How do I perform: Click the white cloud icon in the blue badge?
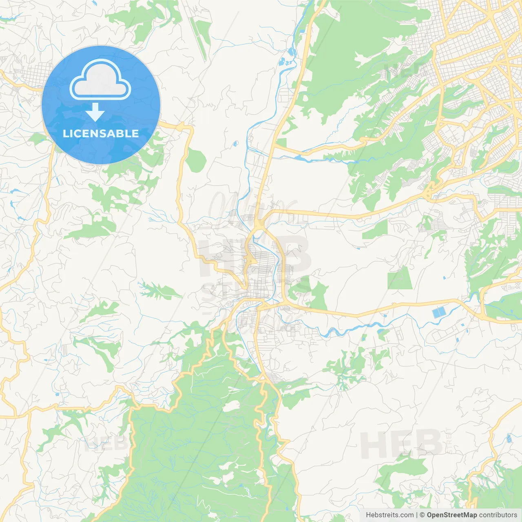(100, 80)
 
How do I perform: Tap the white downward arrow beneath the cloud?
(95, 112)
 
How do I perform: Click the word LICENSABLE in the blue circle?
(101, 133)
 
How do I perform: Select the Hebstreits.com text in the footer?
(390, 515)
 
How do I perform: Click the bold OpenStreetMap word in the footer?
(452, 515)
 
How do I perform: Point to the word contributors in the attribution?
(498, 515)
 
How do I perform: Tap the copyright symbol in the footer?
(422, 515)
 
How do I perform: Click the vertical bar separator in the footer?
(417, 515)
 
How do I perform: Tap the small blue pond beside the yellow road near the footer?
(509, 439)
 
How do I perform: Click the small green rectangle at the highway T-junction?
(281, 143)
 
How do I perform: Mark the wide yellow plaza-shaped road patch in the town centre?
(250, 260)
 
